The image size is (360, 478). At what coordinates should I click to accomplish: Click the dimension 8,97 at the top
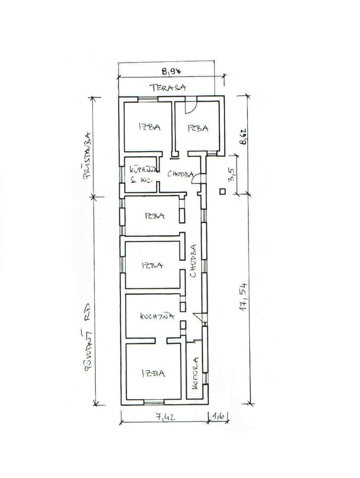(172, 72)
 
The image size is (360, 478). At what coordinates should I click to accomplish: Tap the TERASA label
(168, 87)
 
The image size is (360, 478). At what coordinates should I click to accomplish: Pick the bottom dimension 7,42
(165, 417)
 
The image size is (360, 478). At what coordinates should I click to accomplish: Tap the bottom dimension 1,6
(217, 416)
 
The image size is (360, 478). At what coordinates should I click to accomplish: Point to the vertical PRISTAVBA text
(86, 152)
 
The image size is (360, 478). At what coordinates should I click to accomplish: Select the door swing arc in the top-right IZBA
(190, 107)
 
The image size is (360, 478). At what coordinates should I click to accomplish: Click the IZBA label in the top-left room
(149, 127)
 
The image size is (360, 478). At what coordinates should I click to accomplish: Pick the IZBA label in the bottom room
(153, 373)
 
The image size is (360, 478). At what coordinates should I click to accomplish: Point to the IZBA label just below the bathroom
(155, 216)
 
